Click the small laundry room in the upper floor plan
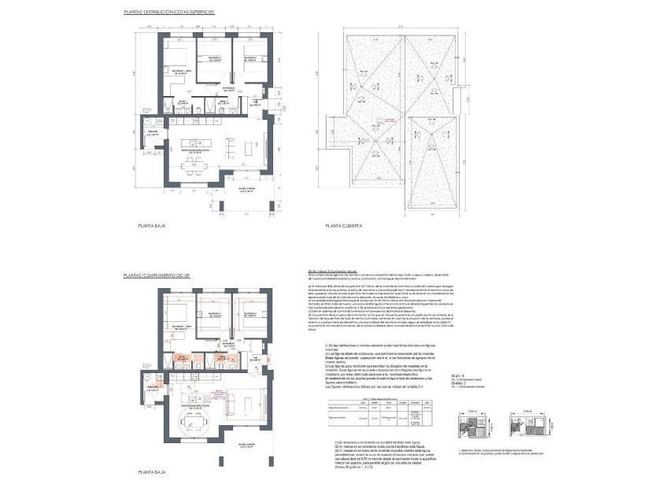click(x=151, y=130)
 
